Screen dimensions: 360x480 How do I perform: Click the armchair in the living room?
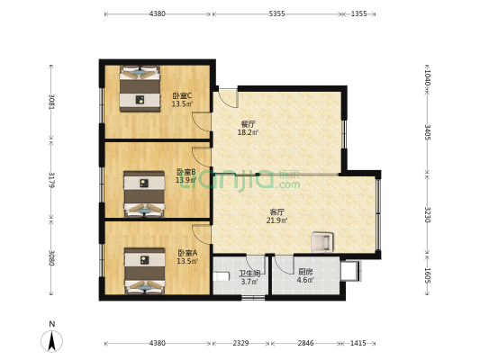click(322, 241)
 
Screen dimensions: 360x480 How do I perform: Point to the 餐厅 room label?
click(248, 124)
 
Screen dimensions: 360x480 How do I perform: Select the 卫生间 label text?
click(249, 274)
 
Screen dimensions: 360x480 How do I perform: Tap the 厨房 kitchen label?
click(305, 272)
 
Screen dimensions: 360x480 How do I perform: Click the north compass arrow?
click(53, 339)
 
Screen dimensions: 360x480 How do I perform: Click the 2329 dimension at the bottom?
click(240, 343)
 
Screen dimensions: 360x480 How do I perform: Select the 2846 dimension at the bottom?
click(305, 343)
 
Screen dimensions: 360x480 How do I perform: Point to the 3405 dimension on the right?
click(428, 132)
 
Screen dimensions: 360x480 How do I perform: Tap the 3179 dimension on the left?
click(52, 180)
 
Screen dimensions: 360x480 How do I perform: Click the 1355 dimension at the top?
click(358, 13)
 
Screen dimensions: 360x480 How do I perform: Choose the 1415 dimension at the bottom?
click(358, 343)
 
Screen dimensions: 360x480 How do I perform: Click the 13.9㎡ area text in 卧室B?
click(186, 180)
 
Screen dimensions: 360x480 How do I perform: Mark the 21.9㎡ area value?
click(276, 220)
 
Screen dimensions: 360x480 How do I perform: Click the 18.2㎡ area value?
click(248, 132)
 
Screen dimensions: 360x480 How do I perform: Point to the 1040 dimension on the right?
click(428, 78)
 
